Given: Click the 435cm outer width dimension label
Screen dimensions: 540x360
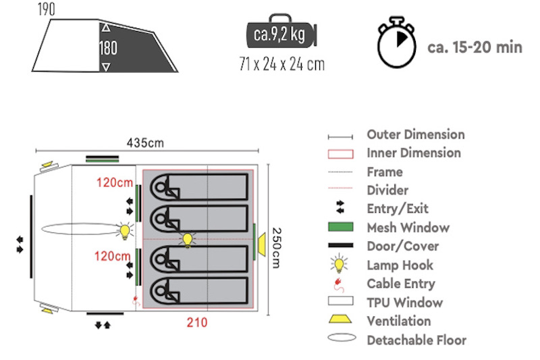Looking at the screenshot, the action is [x=145, y=143].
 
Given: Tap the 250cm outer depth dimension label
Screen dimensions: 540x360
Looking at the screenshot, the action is [x=277, y=248].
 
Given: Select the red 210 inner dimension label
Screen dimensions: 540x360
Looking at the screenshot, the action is [x=197, y=322].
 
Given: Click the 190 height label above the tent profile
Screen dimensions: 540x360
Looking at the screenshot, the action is [x=46, y=9].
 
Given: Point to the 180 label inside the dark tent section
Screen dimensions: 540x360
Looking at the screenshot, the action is [x=108, y=48].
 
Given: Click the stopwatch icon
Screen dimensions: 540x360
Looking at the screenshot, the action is [x=396, y=42].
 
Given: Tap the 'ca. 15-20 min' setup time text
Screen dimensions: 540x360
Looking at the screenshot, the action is [x=475, y=47].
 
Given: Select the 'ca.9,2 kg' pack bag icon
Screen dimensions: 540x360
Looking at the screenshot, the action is [x=281, y=32].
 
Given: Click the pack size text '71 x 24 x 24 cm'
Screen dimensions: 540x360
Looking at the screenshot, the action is [x=281, y=64].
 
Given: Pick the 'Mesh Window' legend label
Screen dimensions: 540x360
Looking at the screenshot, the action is [x=408, y=228].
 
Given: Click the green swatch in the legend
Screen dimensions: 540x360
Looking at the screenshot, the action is [x=341, y=227].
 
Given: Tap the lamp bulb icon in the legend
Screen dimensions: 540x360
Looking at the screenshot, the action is [x=340, y=264].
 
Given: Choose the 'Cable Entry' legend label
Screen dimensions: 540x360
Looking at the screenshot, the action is [x=401, y=284].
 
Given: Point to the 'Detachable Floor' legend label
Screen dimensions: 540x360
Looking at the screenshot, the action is [x=416, y=340].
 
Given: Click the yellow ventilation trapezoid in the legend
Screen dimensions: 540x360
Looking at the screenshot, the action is [x=340, y=319].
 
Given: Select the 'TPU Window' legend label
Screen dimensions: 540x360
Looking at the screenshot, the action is [x=404, y=303].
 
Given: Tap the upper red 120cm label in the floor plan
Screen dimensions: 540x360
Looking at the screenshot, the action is [x=115, y=182].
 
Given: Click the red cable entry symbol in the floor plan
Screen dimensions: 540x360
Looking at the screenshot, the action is [x=136, y=301].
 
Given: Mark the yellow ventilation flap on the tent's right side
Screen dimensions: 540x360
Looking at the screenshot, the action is [x=262, y=245].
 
